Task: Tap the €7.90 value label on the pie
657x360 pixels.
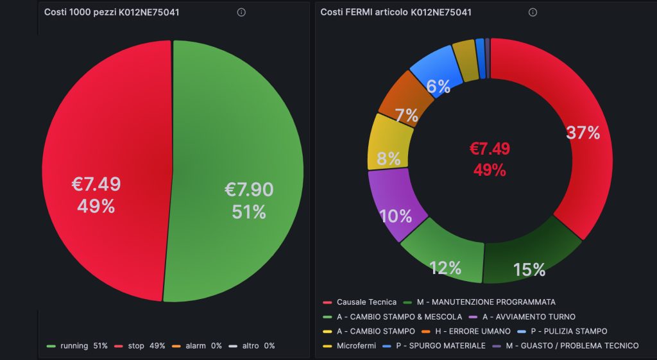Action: tap(249, 190)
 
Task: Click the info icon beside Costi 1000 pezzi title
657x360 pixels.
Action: tap(241, 12)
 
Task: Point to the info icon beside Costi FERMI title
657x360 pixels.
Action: tap(533, 12)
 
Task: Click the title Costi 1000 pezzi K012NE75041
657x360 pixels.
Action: tap(111, 12)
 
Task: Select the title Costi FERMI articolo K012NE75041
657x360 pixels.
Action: tap(396, 12)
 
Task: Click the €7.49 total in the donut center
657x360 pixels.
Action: tap(490, 149)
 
